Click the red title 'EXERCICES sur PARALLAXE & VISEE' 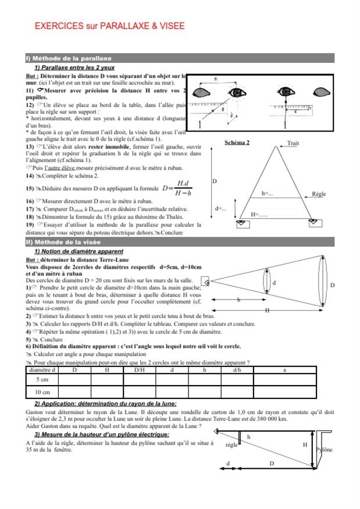109,26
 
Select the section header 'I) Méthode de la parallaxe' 69,58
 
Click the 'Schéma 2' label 237,143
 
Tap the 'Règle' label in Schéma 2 319,194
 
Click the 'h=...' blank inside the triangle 267,193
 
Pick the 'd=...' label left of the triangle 221,208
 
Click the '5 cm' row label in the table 42,379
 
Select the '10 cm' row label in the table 42,392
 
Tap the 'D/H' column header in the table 140,369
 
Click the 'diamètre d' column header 42,369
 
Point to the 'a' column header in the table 284,369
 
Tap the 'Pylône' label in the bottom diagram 325,450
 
